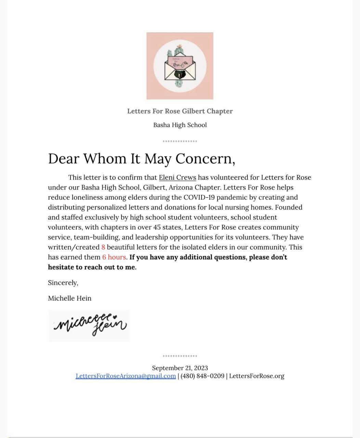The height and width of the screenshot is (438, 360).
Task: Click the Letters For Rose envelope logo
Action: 180,66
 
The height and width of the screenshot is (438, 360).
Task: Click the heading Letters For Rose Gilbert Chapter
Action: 180,111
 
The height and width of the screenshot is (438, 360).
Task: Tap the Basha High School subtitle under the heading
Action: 180,125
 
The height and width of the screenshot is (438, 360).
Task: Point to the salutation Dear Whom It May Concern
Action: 141,158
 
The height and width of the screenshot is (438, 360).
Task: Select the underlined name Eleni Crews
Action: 177,178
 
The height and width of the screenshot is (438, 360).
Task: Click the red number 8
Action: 103,247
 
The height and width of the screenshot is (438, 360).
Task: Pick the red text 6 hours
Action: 114,257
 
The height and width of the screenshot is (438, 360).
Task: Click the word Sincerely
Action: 63,283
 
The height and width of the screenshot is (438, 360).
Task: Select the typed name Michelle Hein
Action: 69,298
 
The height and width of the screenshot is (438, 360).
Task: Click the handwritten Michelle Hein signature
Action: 89,325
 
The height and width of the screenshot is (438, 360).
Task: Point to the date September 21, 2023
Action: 180,368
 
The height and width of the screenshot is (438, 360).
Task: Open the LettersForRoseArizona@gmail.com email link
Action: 126,376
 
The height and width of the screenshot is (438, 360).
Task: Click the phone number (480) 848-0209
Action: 202,376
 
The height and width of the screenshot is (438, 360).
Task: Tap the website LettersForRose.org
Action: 257,376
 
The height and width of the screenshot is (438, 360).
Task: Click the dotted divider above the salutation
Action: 180,141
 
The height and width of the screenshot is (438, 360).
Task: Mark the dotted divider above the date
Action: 180,356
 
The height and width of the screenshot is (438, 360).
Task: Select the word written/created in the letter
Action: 74,247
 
